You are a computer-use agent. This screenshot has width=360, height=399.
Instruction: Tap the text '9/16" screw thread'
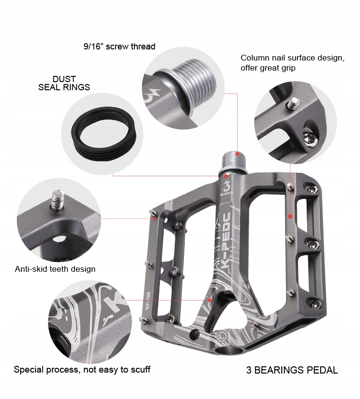pyautogui.click(x=120, y=47)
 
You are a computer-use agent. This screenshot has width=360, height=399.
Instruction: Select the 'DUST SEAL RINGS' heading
pyautogui.click(x=64, y=83)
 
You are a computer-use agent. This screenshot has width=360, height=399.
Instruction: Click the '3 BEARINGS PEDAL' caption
pyautogui.click(x=292, y=370)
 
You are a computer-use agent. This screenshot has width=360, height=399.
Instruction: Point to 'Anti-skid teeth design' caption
pyautogui.click(x=55, y=269)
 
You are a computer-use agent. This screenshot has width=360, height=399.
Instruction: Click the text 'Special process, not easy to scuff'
pyautogui.click(x=82, y=370)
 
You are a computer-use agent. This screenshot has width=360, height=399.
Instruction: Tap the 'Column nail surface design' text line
pyautogui.click(x=293, y=58)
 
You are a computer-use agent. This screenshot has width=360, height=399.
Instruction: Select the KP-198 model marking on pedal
pyautogui.click(x=148, y=301)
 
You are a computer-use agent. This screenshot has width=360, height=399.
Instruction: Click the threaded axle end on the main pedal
pyautogui.click(x=234, y=162)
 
